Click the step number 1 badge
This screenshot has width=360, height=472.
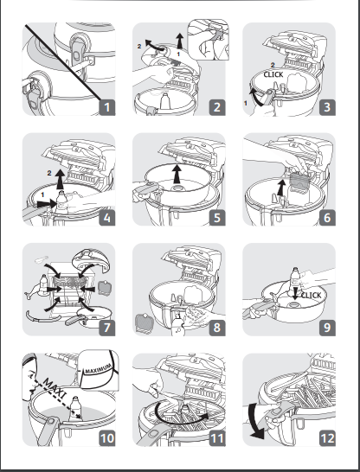point(107,107)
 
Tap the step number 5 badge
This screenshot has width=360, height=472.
point(217,218)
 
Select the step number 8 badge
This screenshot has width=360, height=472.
point(217,328)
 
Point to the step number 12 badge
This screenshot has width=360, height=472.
point(327,438)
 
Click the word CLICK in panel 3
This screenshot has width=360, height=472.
point(273,74)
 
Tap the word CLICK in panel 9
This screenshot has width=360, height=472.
point(311,296)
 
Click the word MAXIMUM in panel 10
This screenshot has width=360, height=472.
point(99,368)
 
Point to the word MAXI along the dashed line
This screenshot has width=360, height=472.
point(55,388)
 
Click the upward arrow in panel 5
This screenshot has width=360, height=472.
point(177,174)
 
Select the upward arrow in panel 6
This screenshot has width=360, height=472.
point(281,188)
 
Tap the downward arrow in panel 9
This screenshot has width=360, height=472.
point(295,294)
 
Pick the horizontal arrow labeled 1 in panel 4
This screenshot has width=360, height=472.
point(47,204)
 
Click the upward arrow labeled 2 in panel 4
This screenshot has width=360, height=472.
point(61,179)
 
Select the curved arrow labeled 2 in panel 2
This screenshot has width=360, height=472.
point(155,46)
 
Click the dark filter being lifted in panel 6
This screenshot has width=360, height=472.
point(299,181)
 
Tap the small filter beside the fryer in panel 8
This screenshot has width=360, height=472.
point(145,322)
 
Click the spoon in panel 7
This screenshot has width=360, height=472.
point(42,258)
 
